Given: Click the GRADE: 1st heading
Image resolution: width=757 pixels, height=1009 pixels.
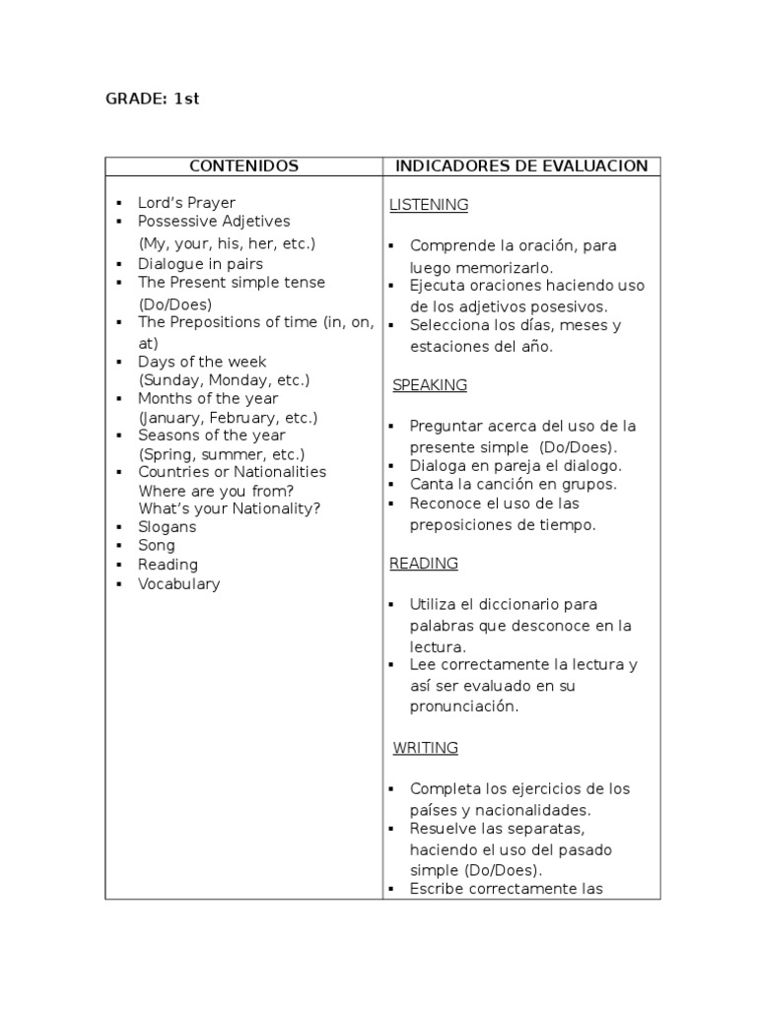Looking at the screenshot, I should pyautogui.click(x=153, y=100).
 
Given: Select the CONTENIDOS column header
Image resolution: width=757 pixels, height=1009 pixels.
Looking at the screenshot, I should pyautogui.click(x=243, y=166).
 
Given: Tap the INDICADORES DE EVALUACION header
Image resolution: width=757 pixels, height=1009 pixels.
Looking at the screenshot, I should pyautogui.click(x=521, y=166).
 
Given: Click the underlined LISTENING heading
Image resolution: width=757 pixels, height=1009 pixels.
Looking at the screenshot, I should pyautogui.click(x=429, y=205).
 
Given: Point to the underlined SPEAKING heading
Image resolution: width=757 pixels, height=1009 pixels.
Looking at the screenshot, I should pyautogui.click(x=430, y=385).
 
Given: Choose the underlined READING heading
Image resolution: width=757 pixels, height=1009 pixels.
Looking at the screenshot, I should pyautogui.click(x=424, y=564).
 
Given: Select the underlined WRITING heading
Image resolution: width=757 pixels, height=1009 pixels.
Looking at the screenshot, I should pyautogui.click(x=426, y=748).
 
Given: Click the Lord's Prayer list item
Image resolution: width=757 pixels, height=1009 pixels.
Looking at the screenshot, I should pyautogui.click(x=186, y=203).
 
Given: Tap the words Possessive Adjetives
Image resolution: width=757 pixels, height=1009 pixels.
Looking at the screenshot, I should pyautogui.click(x=214, y=222).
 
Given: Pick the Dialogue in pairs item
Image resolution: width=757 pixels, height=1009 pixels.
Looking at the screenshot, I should pyautogui.click(x=200, y=264).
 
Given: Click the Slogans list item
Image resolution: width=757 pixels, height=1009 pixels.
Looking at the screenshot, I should pyautogui.click(x=167, y=527).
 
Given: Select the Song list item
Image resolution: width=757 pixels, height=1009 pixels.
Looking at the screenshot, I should pyautogui.click(x=157, y=546).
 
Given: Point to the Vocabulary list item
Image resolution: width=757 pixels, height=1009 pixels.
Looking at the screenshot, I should pyautogui.click(x=178, y=584).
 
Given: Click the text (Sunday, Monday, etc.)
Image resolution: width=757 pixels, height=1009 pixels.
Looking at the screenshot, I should pyautogui.click(x=225, y=380).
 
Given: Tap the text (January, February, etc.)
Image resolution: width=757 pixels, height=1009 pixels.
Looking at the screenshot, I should pyautogui.click(x=227, y=418).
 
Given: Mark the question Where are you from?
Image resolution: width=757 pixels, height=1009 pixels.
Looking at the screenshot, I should pyautogui.click(x=216, y=491).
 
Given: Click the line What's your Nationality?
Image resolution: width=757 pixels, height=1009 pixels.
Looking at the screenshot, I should pyautogui.click(x=230, y=508).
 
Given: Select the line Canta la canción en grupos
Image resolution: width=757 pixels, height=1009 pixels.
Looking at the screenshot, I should pyautogui.click(x=514, y=485).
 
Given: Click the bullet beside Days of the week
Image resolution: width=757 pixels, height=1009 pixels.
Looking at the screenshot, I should pyautogui.click(x=118, y=363).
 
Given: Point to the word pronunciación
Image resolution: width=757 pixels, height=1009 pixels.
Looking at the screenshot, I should pyautogui.click(x=463, y=706).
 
